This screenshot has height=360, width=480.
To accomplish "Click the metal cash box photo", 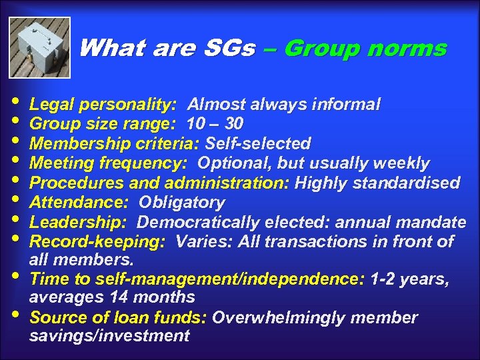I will tap(39, 47).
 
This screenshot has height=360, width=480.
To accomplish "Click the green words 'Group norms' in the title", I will tap(365, 48).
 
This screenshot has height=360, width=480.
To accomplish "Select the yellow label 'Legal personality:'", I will tap(103, 105).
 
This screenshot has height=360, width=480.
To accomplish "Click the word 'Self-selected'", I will tap(258, 144).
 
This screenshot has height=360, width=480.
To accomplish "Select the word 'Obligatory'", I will tap(181, 203).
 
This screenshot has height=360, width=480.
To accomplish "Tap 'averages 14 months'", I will tap(112, 297).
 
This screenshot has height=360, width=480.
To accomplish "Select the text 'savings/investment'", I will tap(109, 335).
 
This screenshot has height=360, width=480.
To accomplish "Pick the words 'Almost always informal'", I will tap(284, 105).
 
